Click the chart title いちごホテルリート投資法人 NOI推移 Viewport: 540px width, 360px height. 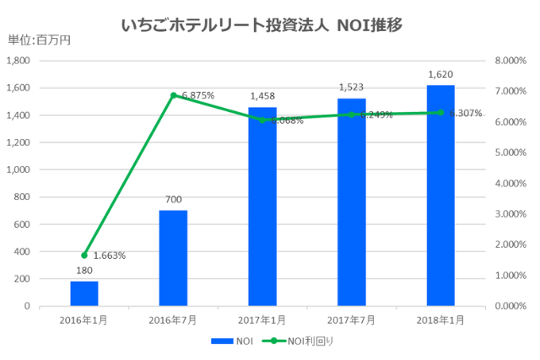(269, 24)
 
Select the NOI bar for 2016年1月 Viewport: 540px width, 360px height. (84, 293)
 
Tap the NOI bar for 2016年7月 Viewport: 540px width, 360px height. (173, 258)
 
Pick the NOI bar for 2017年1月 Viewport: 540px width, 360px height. (262, 207)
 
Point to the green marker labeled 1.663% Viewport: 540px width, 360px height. (84, 255)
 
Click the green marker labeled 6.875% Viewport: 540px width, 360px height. (173, 95)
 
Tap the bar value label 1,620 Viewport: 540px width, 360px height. (441, 74)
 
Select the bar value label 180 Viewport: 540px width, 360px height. (84, 271)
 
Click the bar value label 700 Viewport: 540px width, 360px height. (173, 200)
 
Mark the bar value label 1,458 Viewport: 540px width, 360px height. (262, 96)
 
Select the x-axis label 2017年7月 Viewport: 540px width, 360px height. (352, 320)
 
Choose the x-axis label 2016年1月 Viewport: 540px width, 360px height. (84, 320)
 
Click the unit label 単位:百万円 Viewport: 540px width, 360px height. (39, 40)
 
